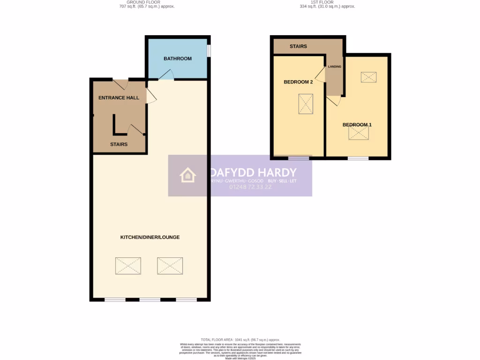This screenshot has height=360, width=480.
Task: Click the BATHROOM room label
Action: [x=177, y=59]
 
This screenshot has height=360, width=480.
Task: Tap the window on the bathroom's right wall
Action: [x=209, y=51]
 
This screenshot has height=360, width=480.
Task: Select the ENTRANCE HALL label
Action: [x=119, y=98]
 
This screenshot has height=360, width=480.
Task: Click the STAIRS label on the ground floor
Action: [x=119, y=144]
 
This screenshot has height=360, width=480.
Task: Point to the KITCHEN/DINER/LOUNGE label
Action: [x=150, y=237]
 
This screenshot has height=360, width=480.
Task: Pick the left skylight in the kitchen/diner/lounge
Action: [x=128, y=266]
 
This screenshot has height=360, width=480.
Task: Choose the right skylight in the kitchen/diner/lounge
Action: [x=170, y=266]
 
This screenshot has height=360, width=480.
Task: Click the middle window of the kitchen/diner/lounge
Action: [x=150, y=300]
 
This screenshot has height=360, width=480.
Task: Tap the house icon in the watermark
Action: [x=187, y=175]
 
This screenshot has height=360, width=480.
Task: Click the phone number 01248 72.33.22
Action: [x=251, y=187]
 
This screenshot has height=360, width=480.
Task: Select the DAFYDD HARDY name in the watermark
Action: [x=253, y=172]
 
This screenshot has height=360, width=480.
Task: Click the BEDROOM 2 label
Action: [x=298, y=82]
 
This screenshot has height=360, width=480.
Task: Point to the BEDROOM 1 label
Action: [x=357, y=125]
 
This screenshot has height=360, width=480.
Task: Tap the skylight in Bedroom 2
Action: [x=306, y=104]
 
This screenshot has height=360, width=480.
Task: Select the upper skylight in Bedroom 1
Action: [x=368, y=77]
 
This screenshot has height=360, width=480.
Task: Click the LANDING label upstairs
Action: [x=335, y=67]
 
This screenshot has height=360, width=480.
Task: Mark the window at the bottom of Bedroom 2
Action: [x=299, y=158]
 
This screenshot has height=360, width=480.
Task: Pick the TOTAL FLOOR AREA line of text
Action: [x=240, y=339]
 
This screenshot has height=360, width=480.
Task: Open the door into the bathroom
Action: [x=166, y=75]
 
